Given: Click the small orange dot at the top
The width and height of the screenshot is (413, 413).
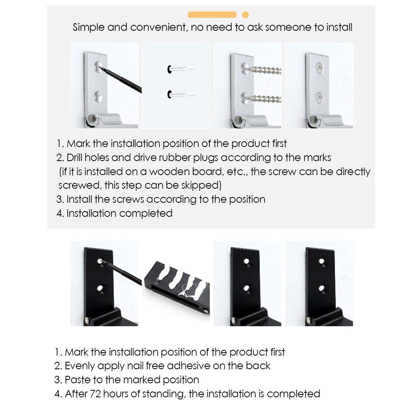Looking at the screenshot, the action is pyautogui.click(x=245, y=15).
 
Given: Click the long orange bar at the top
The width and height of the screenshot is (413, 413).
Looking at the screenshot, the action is pyautogui.click(x=212, y=15).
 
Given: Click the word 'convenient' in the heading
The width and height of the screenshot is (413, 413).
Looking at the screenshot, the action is pyautogui.click(x=158, y=27).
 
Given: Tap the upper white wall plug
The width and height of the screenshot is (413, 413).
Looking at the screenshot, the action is pyautogui.click(x=181, y=69).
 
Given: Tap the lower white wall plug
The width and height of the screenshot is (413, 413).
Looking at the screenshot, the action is pyautogui.click(x=181, y=94).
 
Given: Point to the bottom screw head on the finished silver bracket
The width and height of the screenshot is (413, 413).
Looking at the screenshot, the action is pyautogui.click(x=320, y=98).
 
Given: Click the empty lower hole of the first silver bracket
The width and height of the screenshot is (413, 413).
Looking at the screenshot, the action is pyautogui.click(x=98, y=97).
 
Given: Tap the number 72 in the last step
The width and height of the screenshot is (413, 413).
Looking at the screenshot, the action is pyautogui.click(x=95, y=394).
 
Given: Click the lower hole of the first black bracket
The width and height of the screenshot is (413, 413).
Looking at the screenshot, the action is pyautogui.click(x=100, y=289).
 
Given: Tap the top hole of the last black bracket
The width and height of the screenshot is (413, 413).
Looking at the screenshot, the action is pyautogui.click(x=322, y=261).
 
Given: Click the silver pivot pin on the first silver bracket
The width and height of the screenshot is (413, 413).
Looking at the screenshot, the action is pyautogui.click(x=92, y=118).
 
